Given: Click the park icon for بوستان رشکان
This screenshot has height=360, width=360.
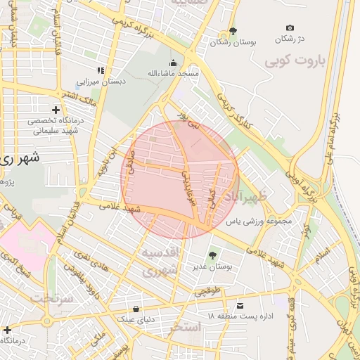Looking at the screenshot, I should point(233,31).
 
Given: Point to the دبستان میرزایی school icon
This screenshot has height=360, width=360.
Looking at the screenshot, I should point(101,70).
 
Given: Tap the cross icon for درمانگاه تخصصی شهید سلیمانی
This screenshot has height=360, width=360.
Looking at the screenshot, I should point(56,110).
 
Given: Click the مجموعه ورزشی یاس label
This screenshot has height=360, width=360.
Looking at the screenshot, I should point(258,221).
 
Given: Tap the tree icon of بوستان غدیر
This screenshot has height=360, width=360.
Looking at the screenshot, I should point(212,255).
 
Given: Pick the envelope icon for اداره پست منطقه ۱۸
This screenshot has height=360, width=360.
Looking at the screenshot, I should point(240,306).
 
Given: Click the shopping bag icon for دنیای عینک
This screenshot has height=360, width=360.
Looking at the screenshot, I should point(136,309).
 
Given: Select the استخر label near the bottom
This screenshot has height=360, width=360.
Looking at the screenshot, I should point(186,328).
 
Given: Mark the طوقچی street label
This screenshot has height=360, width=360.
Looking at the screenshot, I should point(208,288).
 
